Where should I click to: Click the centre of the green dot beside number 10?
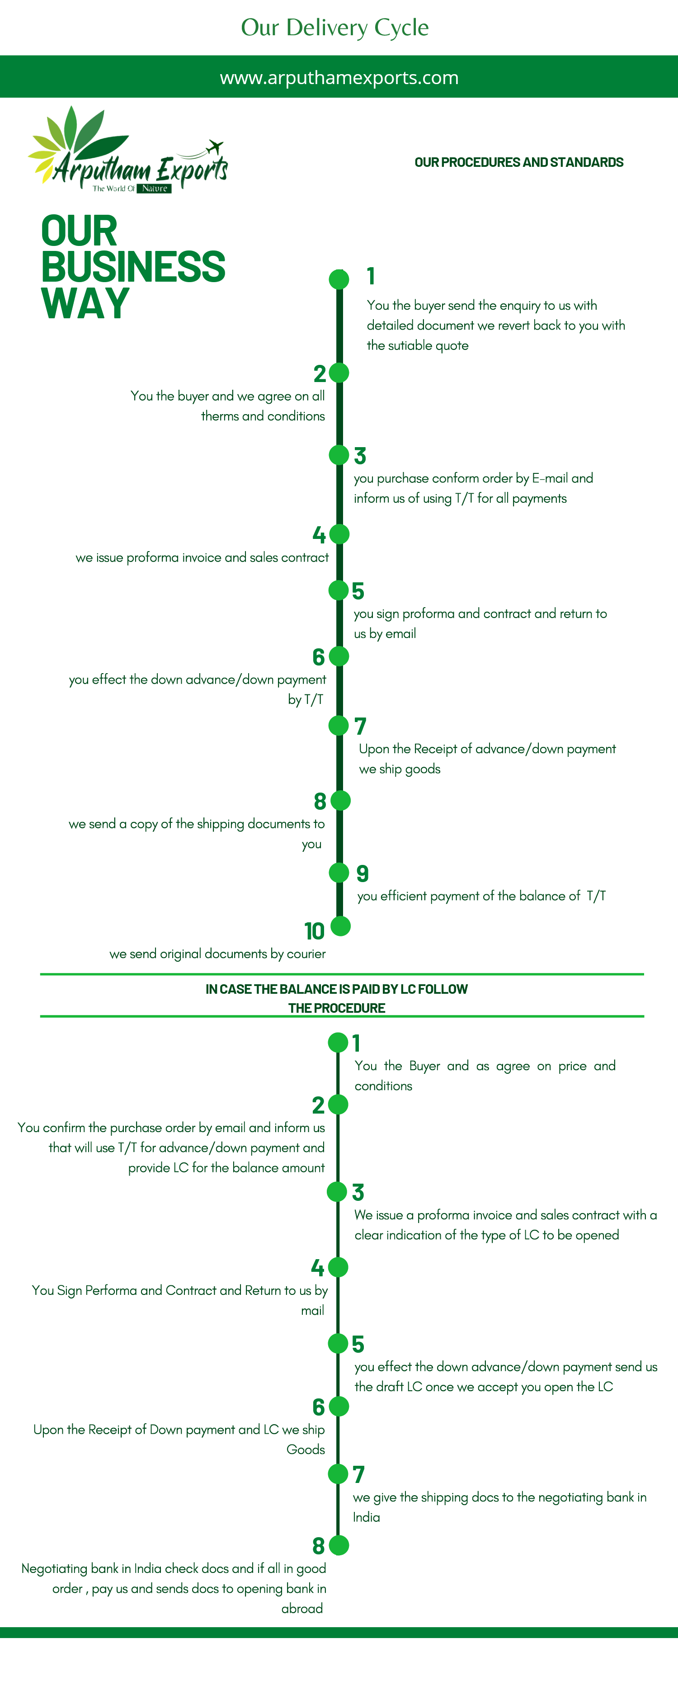[340, 926]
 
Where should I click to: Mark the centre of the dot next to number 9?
[339, 873]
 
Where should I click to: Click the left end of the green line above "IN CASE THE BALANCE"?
[40, 974]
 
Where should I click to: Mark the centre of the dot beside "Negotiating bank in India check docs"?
[339, 1545]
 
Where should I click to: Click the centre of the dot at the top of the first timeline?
[339, 279]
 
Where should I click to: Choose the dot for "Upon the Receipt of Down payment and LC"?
[339, 1406]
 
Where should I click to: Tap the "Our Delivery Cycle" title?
[335, 28]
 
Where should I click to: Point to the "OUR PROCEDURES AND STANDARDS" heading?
[519, 162]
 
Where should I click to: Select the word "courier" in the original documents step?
[306, 954]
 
